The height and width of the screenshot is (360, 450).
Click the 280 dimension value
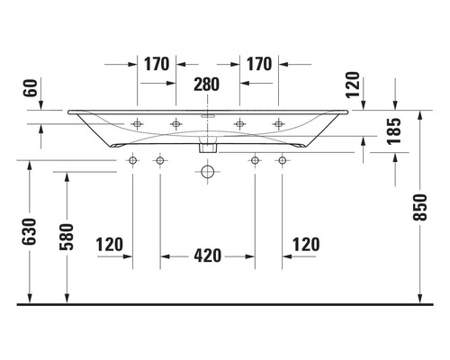tap(207, 85)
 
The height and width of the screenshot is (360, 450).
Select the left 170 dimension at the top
tap(157, 64)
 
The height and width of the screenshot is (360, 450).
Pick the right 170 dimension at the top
tap(258, 64)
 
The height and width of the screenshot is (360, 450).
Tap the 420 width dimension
tap(207, 256)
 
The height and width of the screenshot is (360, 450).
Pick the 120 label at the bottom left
tap(108, 244)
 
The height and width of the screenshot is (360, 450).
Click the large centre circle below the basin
tap(208, 169)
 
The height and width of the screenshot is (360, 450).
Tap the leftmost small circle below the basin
tap(133, 160)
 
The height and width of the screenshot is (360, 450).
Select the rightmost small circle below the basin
tap(282, 160)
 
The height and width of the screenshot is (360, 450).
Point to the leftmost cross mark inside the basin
tap(137, 123)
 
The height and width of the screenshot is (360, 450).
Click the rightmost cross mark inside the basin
tap(278, 123)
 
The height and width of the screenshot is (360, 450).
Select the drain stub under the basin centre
tap(208, 144)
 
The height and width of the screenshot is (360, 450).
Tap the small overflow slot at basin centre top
tap(208, 116)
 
